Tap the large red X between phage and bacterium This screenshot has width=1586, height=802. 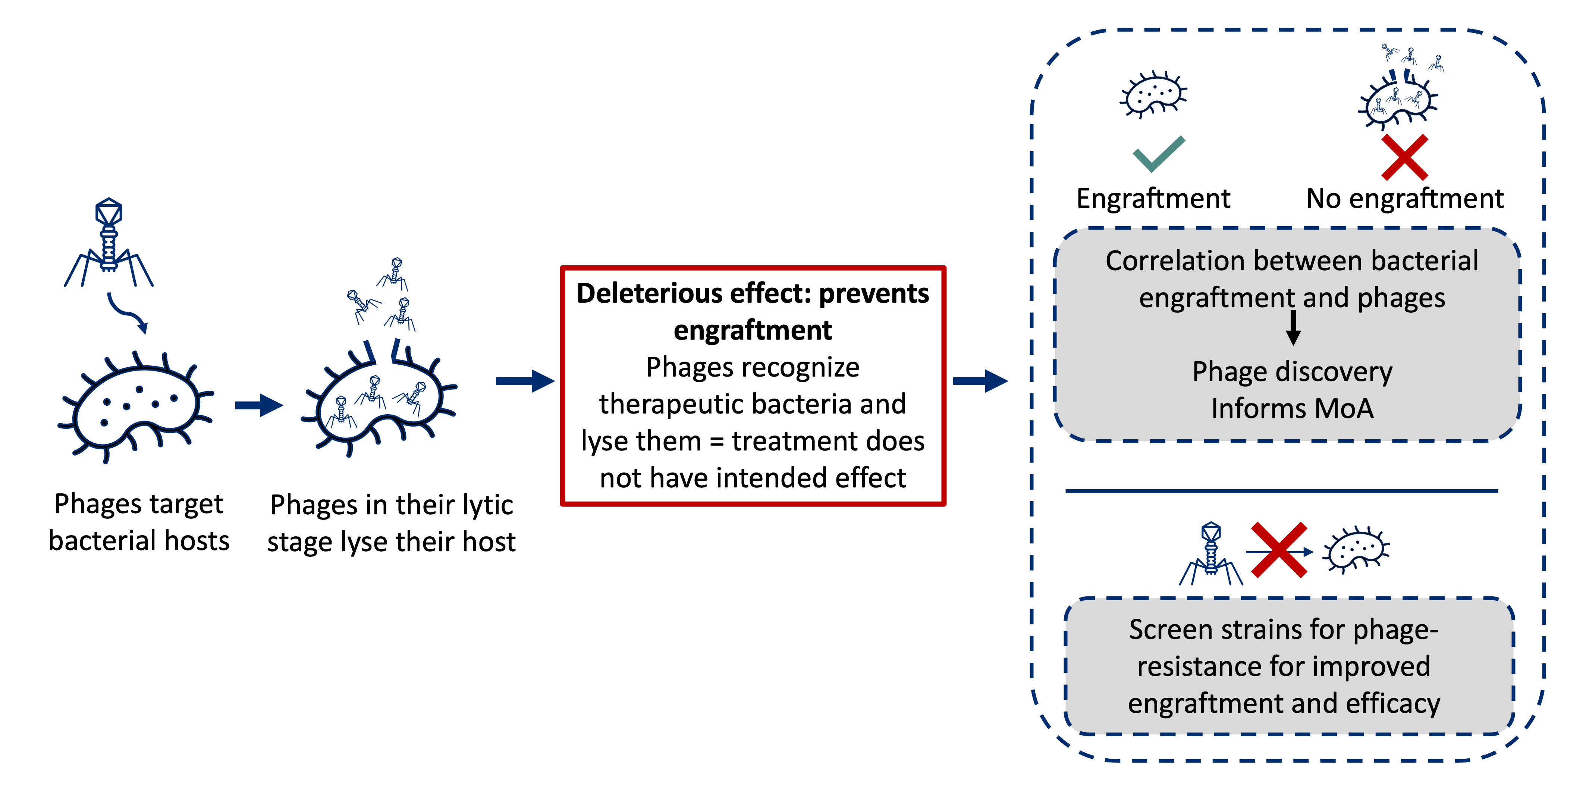pyautogui.click(x=1279, y=550)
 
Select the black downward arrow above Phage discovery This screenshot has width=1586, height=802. pyautogui.click(x=1294, y=328)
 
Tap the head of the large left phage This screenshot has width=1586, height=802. pyautogui.click(x=109, y=212)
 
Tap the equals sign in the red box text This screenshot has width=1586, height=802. pyautogui.click(x=716, y=441)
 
